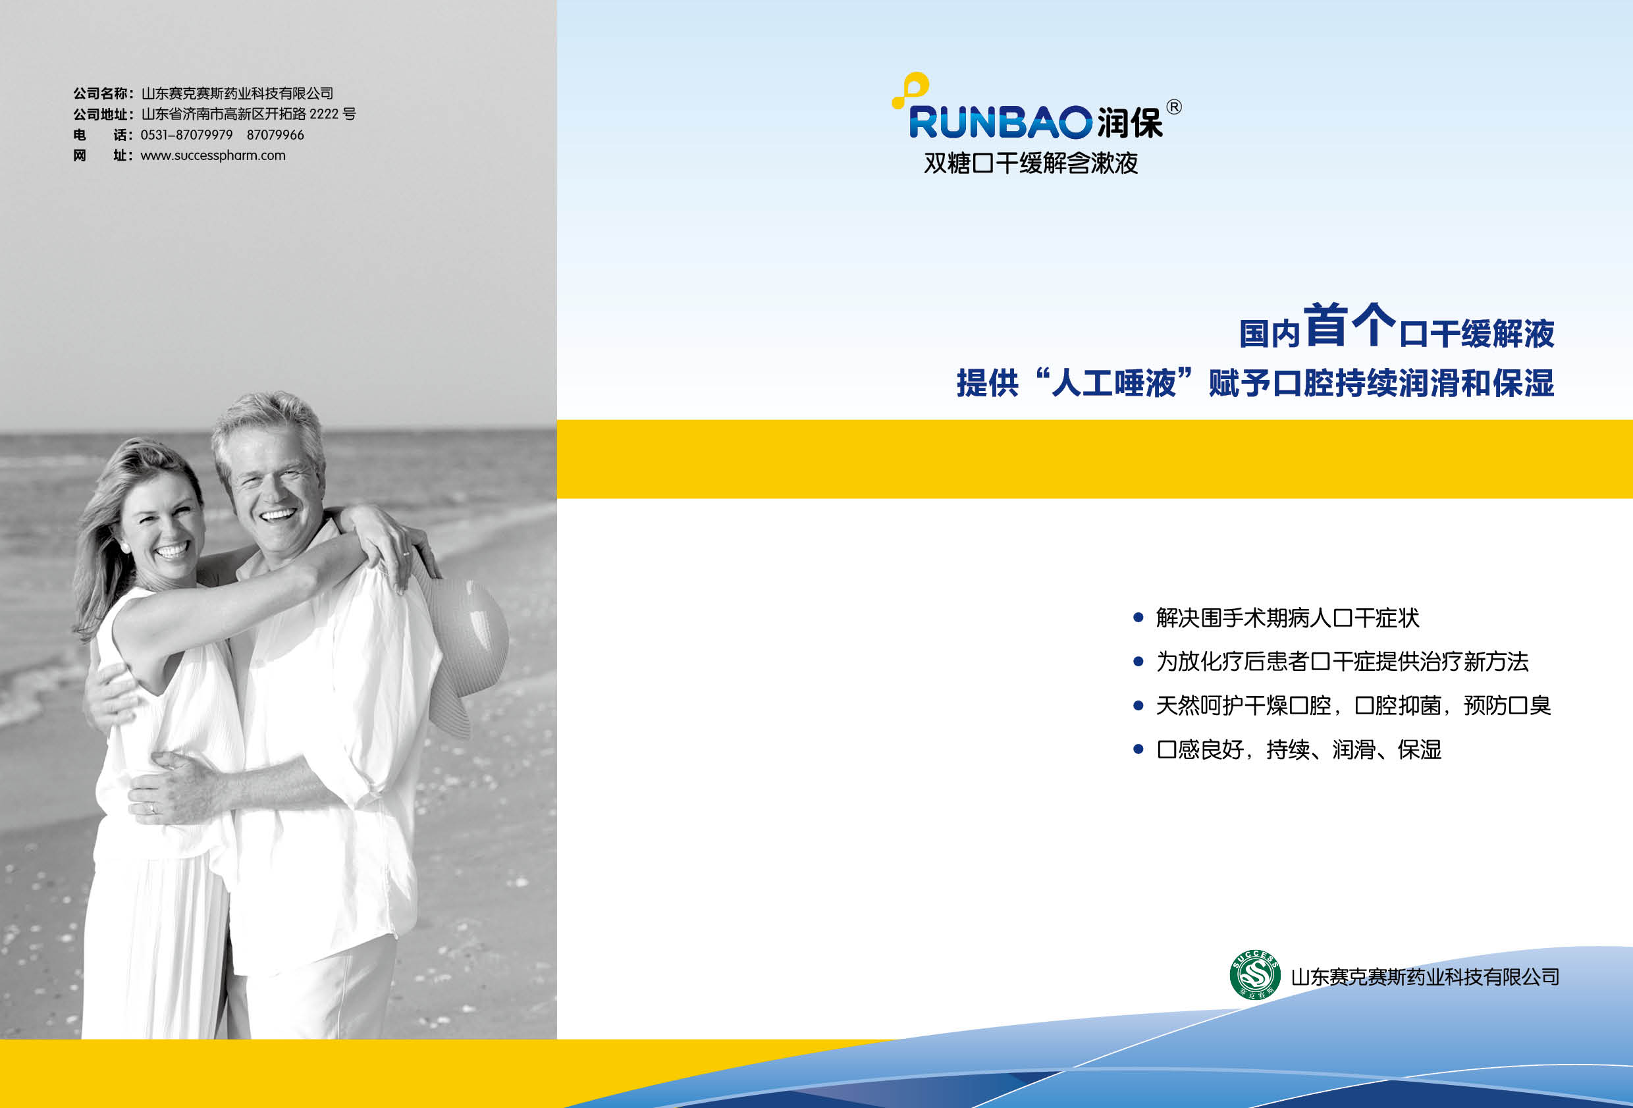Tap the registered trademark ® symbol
1173,107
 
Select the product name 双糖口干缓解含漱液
1031,163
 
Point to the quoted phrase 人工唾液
1113,383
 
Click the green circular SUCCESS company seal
1255,974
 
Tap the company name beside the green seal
1425,976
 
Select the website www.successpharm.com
213,155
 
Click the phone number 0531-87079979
186,134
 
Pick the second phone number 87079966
275,134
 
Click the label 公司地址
101,114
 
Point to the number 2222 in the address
324,114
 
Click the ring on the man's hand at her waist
151,808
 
